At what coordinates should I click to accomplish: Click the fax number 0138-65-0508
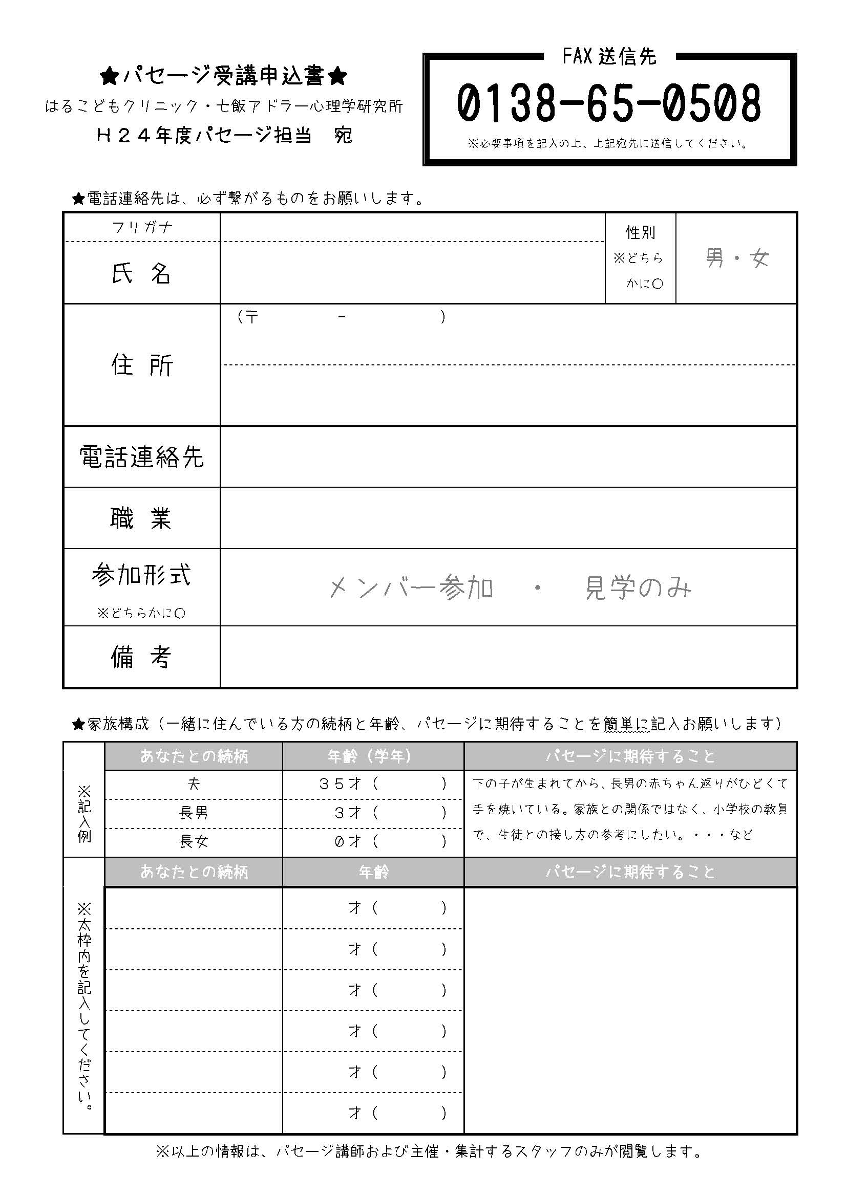point(609,103)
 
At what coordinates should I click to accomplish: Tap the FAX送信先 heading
point(609,57)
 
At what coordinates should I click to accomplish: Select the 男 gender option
point(714,258)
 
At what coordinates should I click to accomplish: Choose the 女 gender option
point(759,258)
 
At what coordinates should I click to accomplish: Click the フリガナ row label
point(142,227)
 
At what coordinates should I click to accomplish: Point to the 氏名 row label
point(141,273)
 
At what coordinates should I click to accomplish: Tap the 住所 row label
point(141,365)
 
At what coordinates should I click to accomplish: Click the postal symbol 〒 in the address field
point(251,317)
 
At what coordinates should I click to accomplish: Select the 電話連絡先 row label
point(141,457)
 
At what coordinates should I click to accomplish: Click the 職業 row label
point(141,518)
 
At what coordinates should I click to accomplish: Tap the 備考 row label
point(141,657)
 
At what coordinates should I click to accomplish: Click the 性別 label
point(640,233)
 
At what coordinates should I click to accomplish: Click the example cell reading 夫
point(194,784)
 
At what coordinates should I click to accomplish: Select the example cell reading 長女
point(194,841)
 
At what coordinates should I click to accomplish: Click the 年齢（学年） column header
point(373,756)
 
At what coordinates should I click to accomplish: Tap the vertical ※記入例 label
point(84,813)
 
